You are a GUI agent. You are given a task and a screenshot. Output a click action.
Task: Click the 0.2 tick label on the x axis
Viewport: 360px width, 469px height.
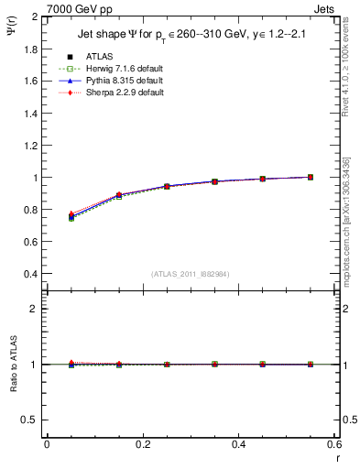[142, 443]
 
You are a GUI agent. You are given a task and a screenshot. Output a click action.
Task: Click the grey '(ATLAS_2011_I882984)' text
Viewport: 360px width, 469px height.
[191, 274]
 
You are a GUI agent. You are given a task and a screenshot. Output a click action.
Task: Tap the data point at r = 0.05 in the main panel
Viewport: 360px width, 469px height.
[71, 217]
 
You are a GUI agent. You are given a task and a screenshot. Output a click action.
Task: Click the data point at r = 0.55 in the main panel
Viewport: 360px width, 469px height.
[311, 177]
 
